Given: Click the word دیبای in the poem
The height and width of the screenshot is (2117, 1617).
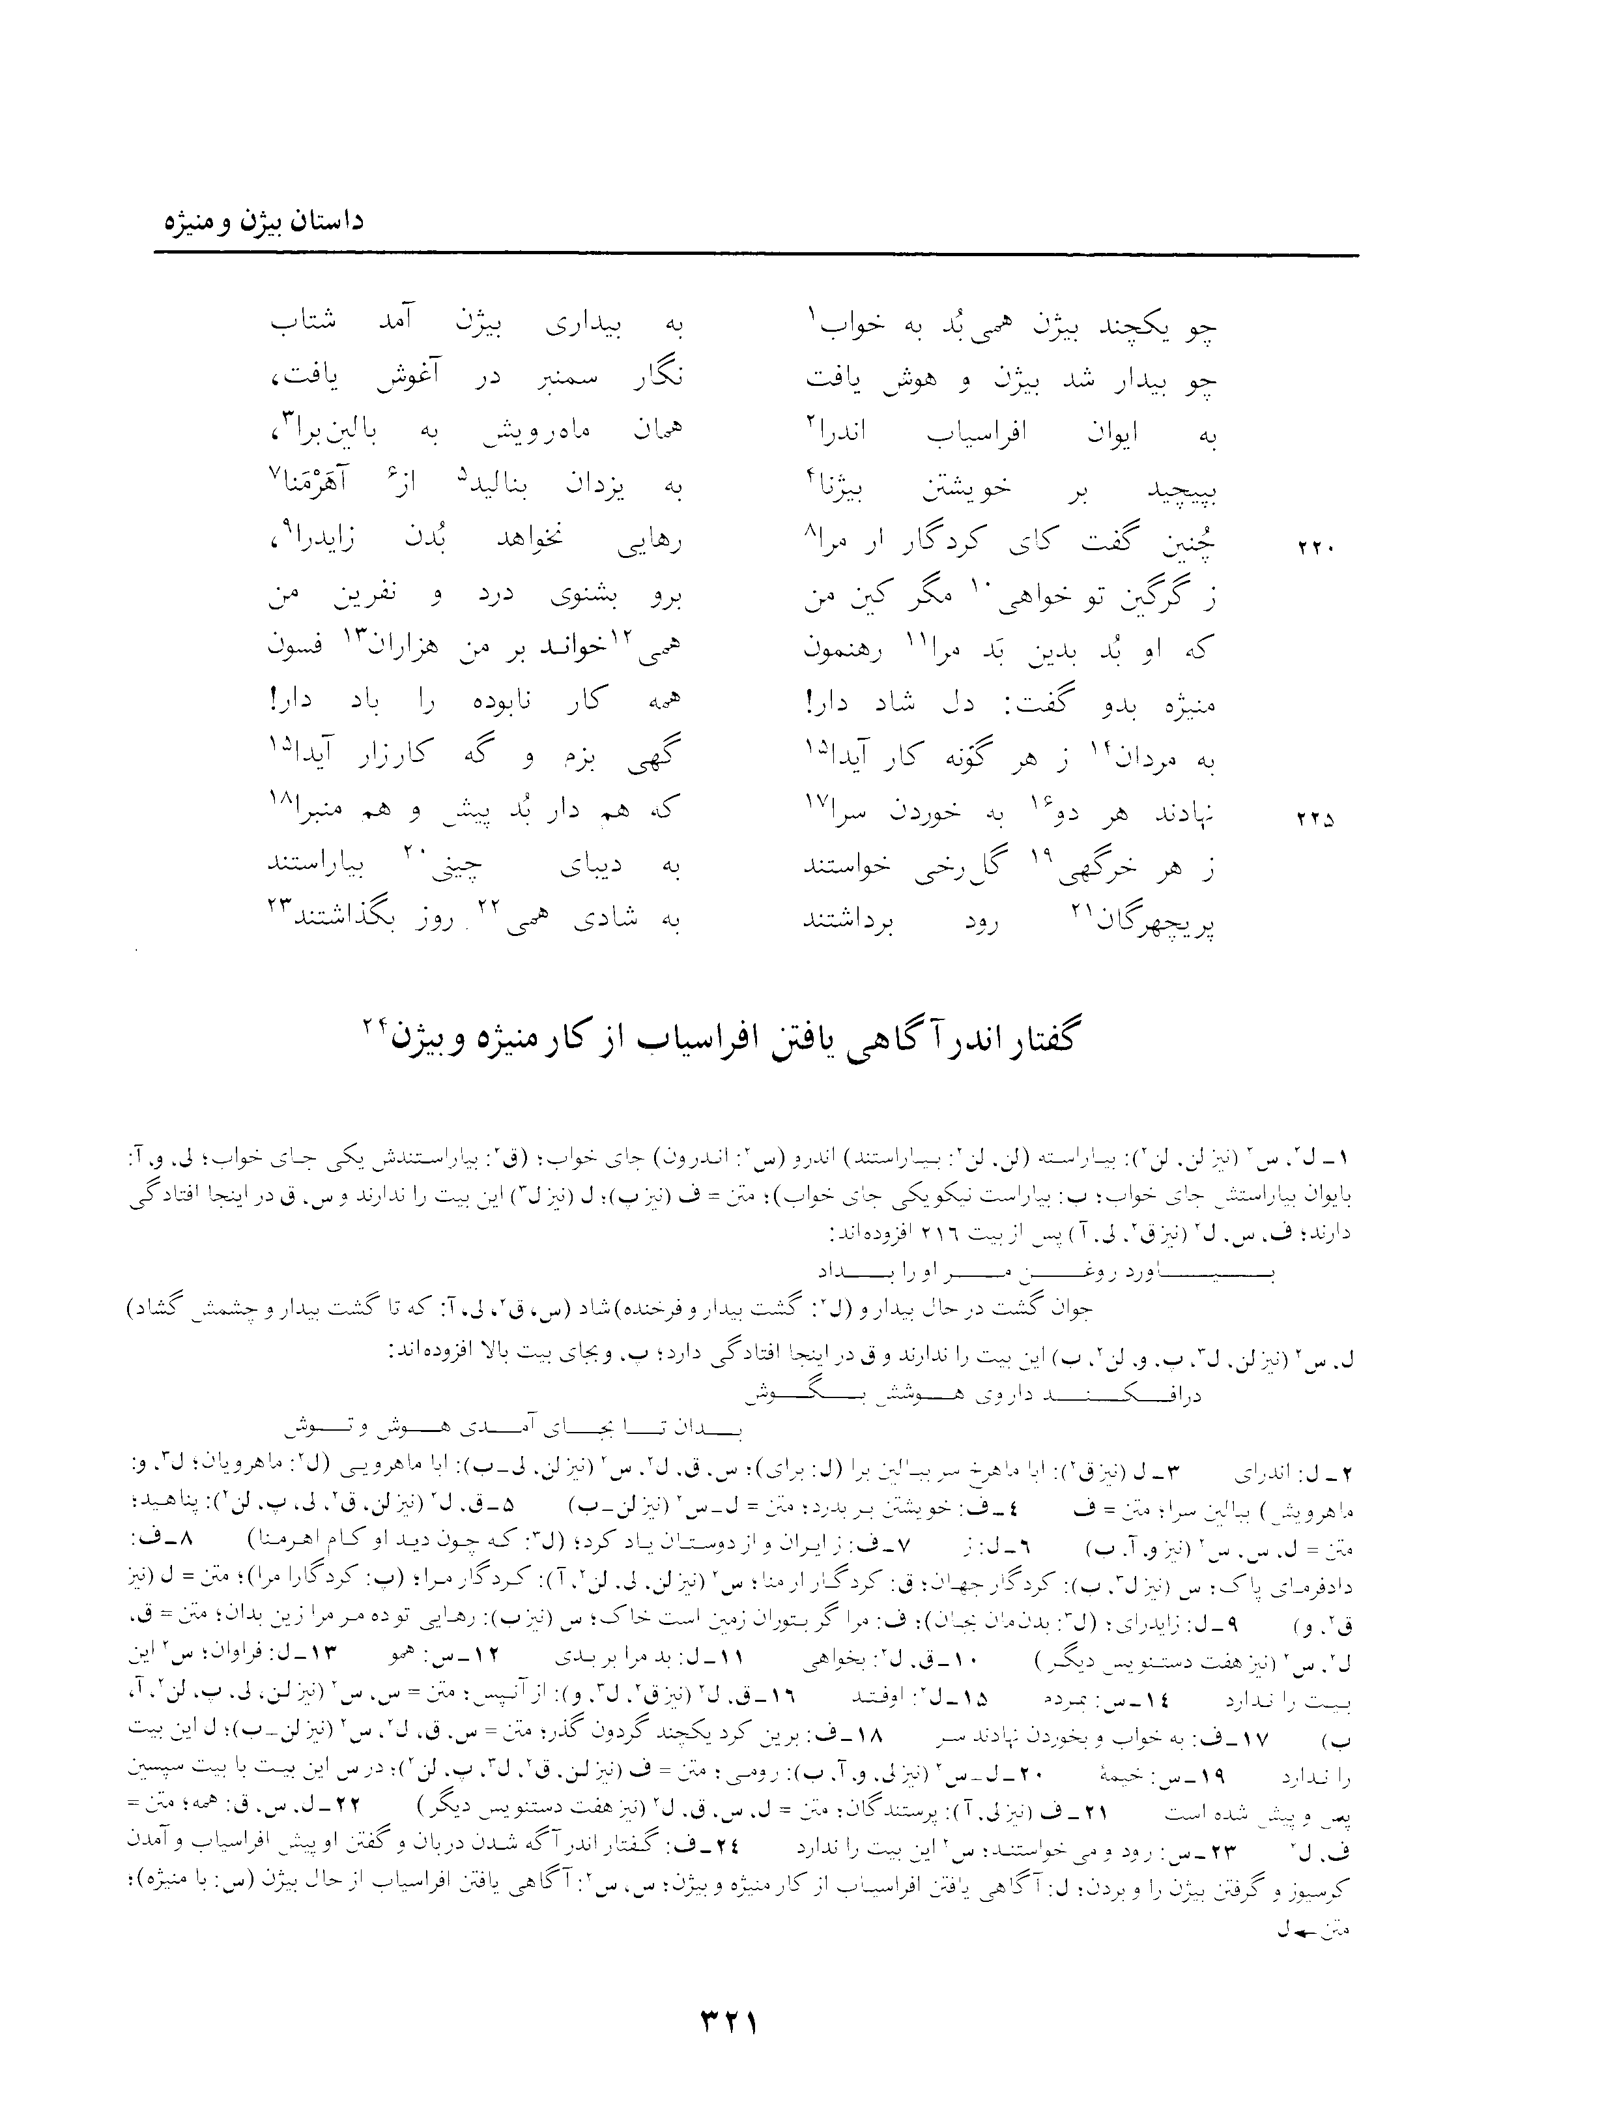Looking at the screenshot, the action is [x=592, y=869].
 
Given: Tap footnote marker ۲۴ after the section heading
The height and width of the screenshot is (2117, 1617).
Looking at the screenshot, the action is [x=373, y=1027].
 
